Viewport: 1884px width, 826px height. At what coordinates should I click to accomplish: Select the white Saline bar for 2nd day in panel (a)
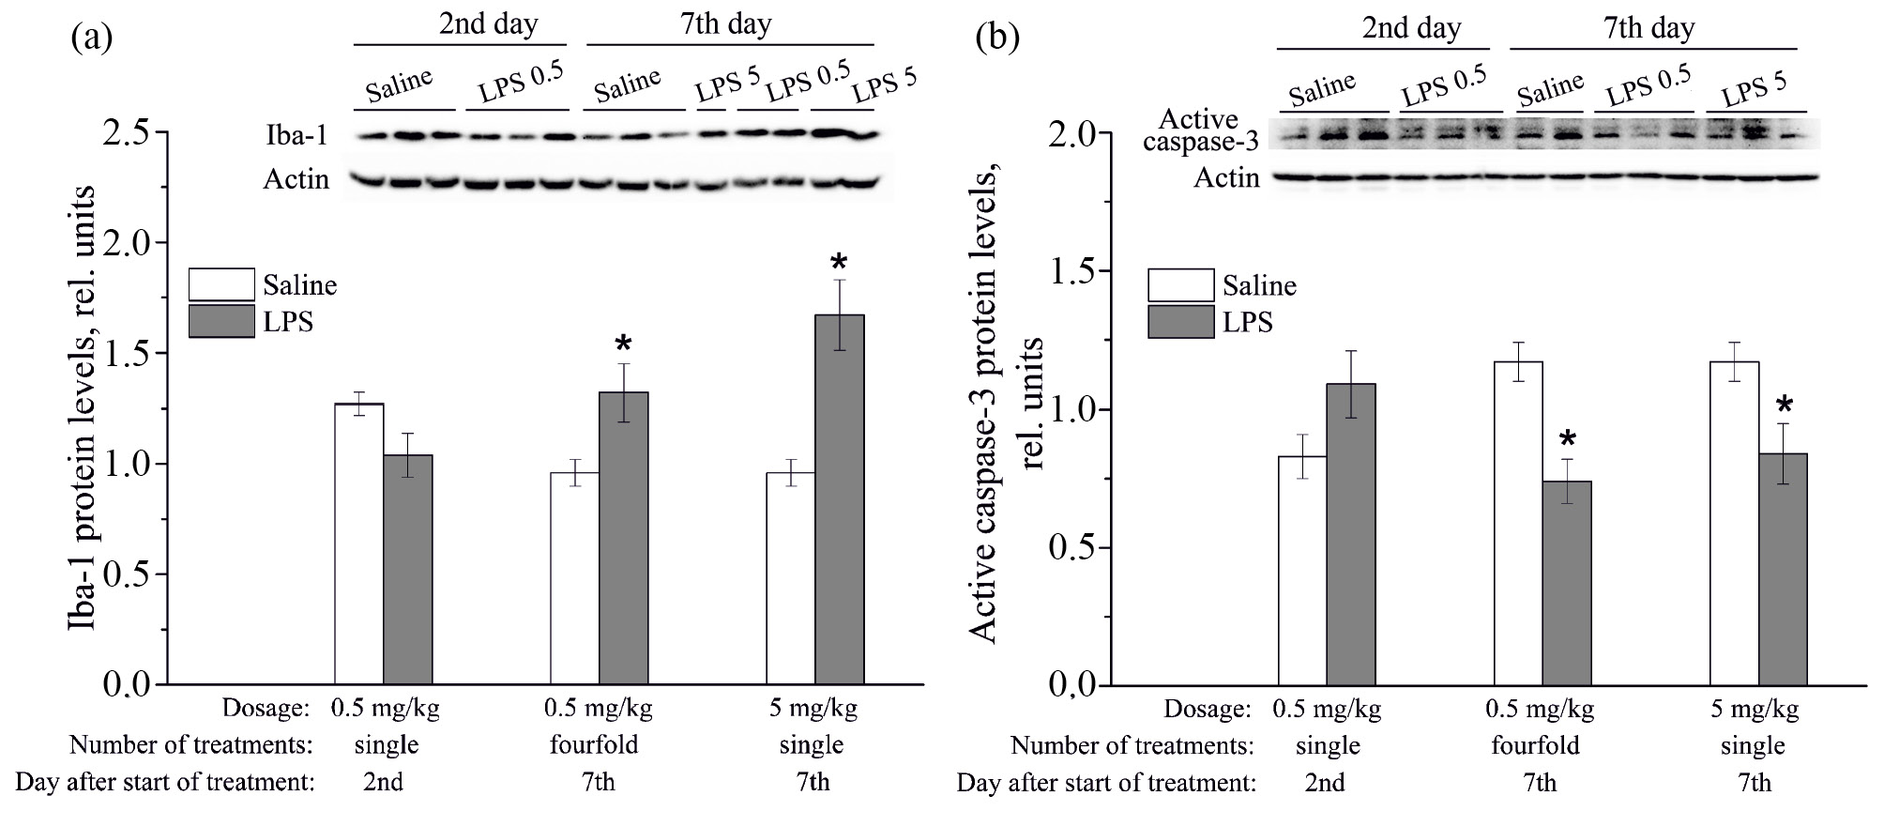tap(359, 543)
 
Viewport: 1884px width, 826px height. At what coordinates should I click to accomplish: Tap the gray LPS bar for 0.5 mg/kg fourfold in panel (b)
tap(1567, 582)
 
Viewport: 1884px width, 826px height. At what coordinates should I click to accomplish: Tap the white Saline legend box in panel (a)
tap(221, 284)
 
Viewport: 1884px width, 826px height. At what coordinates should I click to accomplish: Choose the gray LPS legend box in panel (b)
tap(1180, 322)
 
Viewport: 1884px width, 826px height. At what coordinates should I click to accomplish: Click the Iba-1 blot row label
tap(296, 137)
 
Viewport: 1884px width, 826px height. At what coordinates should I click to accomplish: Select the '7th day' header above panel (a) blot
tap(726, 23)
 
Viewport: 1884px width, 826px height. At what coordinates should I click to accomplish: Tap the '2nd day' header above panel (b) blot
tap(1411, 27)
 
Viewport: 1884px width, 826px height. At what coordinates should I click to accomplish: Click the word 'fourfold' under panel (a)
tap(594, 745)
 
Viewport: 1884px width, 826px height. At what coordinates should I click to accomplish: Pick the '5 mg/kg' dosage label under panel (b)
tap(1755, 709)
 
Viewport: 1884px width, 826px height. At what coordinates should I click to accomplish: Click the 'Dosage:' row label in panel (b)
tap(1208, 709)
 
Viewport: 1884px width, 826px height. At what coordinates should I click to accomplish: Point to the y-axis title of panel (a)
tap(83, 408)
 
